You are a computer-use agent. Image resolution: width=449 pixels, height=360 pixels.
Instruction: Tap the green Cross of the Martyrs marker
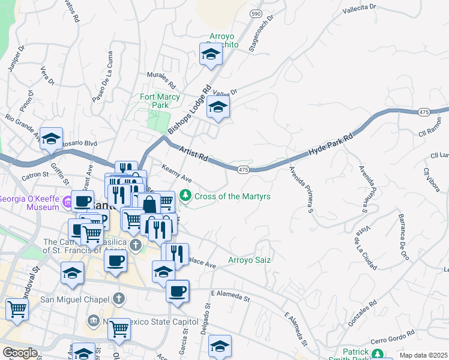click(186, 196)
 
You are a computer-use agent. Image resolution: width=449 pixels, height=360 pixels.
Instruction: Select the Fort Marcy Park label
click(159, 101)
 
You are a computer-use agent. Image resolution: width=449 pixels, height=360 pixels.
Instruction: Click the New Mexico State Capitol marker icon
click(93, 320)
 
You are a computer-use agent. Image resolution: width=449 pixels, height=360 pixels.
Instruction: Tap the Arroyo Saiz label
click(250, 260)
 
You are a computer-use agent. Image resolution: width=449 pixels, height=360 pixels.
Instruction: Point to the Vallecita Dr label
click(358, 9)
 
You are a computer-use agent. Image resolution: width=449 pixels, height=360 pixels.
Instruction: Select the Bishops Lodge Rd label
click(190, 109)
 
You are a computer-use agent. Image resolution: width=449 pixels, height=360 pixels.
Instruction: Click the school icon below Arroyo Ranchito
click(211, 54)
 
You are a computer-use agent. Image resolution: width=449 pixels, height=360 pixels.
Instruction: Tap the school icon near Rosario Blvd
click(52, 138)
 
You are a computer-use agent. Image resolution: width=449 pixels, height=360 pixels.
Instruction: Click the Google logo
click(20, 353)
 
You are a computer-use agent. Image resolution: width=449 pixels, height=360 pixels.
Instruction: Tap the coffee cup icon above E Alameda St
click(177, 292)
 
